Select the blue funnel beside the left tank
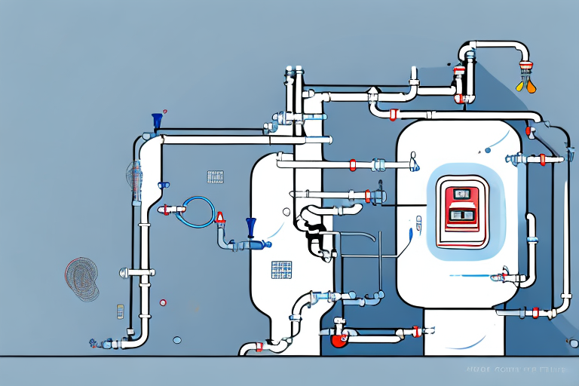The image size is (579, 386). (250, 226)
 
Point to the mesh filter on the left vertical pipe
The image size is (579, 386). (136, 181)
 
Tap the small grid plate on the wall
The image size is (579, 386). (216, 176)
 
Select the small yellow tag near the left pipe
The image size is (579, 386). (120, 311)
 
